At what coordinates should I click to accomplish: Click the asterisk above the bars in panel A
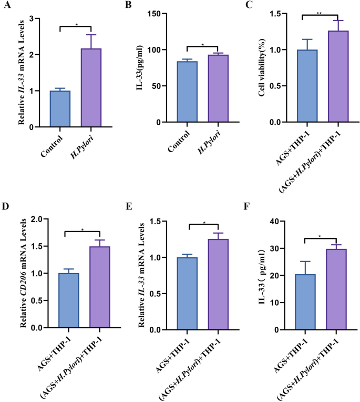[x=76, y=24]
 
